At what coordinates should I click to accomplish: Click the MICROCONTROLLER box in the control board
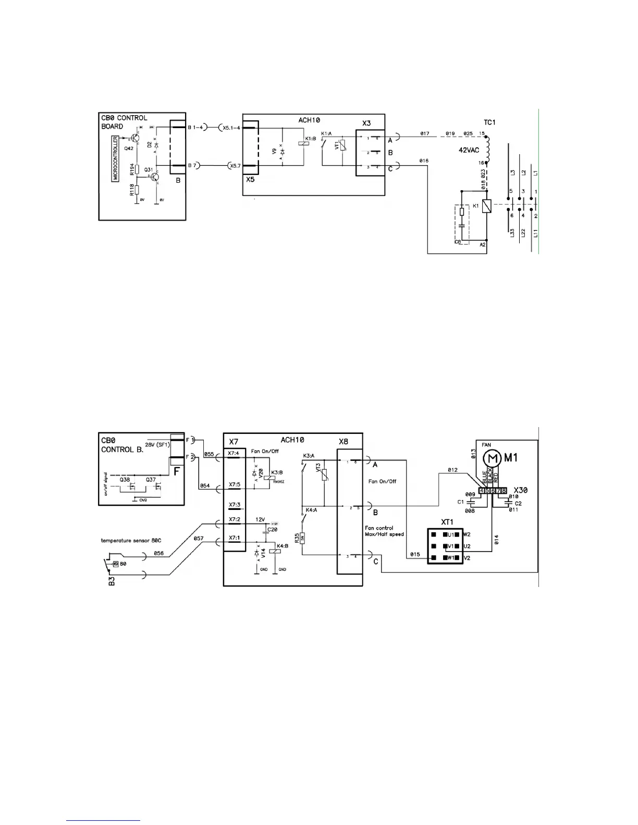116,158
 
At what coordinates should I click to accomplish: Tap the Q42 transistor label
129,148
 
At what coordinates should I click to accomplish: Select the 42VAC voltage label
468,150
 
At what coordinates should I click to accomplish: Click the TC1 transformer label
489,122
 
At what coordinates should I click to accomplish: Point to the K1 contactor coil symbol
486,207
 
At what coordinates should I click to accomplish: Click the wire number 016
423,160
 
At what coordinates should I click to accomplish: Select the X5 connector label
250,179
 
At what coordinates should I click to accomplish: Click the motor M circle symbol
492,458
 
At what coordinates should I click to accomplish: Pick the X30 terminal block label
520,491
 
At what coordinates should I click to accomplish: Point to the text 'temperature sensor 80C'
131,541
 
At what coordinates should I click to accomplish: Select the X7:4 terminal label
234,453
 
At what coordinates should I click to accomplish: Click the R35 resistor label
297,537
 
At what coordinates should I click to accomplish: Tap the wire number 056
158,554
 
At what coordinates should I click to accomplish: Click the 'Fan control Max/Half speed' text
384,531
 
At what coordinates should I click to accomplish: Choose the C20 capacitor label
272,529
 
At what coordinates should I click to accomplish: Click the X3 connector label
367,123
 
